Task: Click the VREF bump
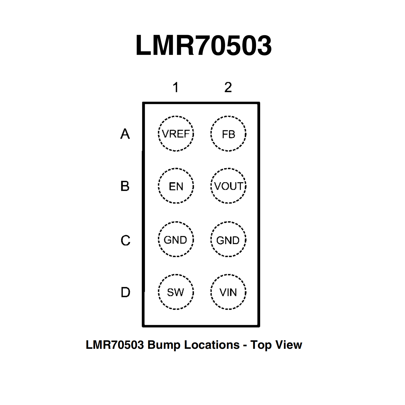click(x=176, y=134)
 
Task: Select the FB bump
click(x=228, y=134)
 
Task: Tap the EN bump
click(x=176, y=186)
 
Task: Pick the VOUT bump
click(x=228, y=186)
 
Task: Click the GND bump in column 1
click(x=176, y=240)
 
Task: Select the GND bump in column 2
click(x=228, y=240)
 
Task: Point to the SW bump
click(x=176, y=292)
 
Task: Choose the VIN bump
click(x=228, y=292)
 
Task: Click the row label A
click(x=125, y=134)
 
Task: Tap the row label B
click(x=125, y=186)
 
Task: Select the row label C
click(x=126, y=240)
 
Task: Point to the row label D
click(x=126, y=292)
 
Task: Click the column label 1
click(x=176, y=87)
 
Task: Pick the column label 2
click(x=228, y=87)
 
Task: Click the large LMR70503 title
click(x=203, y=45)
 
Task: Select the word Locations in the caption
click(x=212, y=345)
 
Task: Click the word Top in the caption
click(x=261, y=345)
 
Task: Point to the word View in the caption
click(x=289, y=345)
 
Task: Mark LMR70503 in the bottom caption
click(x=115, y=345)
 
